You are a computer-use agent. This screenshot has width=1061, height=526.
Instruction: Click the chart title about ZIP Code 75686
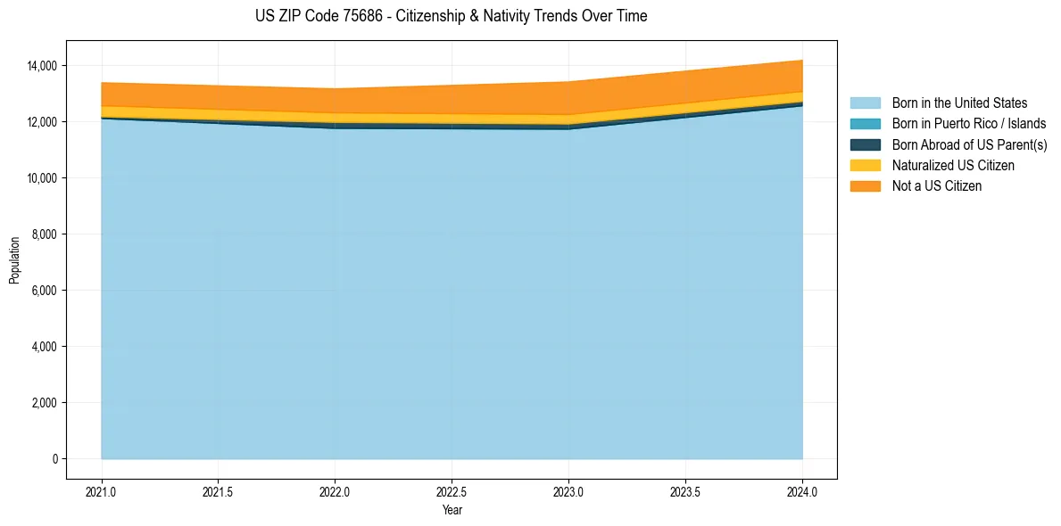click(x=451, y=16)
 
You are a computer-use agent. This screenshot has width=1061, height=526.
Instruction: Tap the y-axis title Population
click(x=14, y=260)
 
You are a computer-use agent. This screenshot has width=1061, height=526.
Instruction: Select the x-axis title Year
click(x=452, y=510)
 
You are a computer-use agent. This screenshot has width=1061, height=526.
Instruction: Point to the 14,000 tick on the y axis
click(x=42, y=66)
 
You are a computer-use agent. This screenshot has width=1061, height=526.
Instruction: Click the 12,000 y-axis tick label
click(x=42, y=122)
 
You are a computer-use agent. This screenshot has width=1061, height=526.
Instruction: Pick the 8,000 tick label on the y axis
click(x=45, y=234)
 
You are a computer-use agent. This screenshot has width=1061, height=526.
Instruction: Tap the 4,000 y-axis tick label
click(x=45, y=347)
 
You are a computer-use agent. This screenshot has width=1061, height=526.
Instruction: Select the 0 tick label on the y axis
click(x=54, y=459)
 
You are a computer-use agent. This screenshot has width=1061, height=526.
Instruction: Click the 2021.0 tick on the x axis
click(x=101, y=491)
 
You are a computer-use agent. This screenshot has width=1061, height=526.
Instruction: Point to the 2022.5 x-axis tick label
click(x=452, y=491)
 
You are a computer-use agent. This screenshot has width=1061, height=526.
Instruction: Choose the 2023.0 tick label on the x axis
click(x=568, y=491)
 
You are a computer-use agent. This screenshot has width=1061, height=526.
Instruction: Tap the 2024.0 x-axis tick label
click(x=802, y=491)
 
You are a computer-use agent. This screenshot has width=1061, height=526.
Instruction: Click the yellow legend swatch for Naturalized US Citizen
click(x=865, y=165)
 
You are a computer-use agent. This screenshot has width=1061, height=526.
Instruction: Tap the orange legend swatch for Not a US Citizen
click(x=865, y=185)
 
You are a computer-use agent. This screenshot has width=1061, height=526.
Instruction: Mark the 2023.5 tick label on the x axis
click(x=685, y=491)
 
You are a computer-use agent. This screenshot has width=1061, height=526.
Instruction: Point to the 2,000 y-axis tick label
click(x=45, y=403)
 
